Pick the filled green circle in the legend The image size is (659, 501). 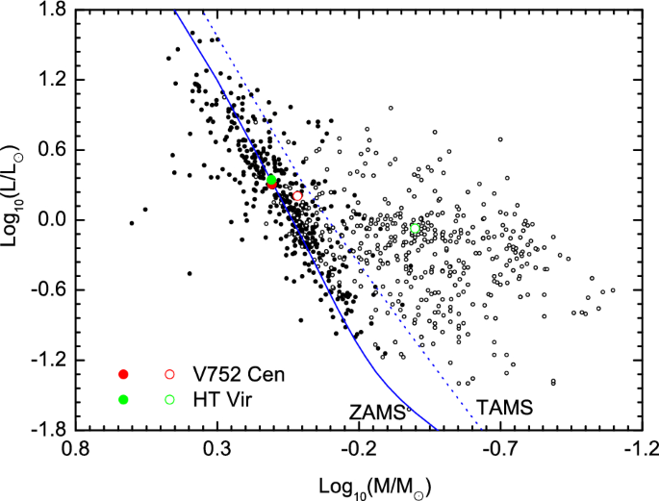pos(122,399)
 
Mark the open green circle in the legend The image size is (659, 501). pos(169,399)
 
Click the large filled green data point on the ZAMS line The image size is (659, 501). pos(271,180)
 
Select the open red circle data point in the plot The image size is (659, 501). pos(297,196)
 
